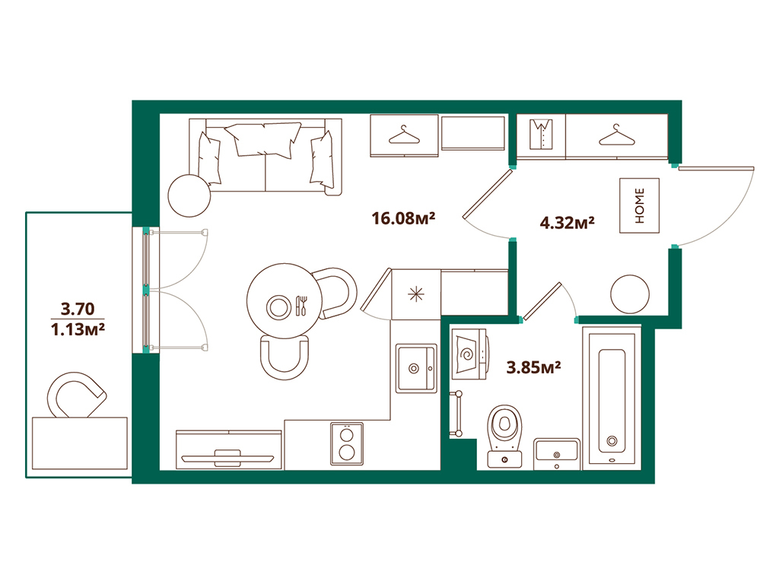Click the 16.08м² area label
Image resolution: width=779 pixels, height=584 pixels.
402,219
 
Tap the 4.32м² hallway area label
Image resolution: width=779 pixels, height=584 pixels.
566,223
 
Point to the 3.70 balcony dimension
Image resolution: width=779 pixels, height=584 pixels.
75,309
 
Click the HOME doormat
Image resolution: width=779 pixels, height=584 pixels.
639,205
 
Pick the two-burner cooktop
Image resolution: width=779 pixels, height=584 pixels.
346,444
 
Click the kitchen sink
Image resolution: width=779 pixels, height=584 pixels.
416,369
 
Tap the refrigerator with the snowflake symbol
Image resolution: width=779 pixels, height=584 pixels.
415,295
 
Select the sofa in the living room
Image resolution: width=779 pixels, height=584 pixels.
266,155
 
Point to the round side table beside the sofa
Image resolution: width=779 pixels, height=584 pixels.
189,195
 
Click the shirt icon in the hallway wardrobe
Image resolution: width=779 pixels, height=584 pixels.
542,135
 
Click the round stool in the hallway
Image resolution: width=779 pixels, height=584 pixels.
631,292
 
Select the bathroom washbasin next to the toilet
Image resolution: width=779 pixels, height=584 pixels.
557,453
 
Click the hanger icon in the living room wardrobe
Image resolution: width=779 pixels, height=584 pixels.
404,135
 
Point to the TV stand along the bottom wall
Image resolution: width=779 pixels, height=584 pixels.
228,451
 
